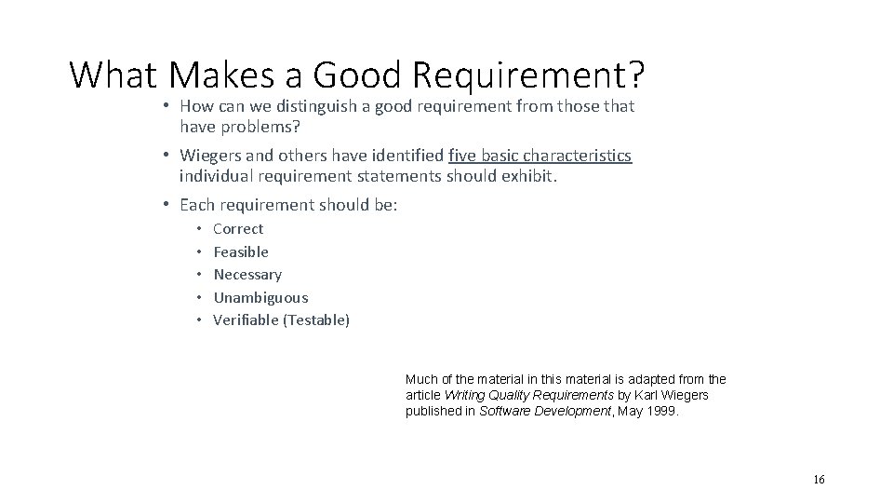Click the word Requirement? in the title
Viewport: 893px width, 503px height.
tap(518, 74)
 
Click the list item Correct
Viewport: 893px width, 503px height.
tap(238, 228)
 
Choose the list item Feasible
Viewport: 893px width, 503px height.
tap(241, 251)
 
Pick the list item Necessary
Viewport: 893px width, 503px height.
tap(247, 274)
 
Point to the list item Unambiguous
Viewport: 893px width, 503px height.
tap(260, 297)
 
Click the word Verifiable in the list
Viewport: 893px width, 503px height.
tap(246, 320)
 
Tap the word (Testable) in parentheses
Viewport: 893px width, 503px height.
tap(316, 320)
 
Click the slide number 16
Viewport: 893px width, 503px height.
tap(819, 479)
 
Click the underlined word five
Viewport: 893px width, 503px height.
tap(463, 156)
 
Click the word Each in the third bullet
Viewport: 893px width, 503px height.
tap(196, 204)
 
